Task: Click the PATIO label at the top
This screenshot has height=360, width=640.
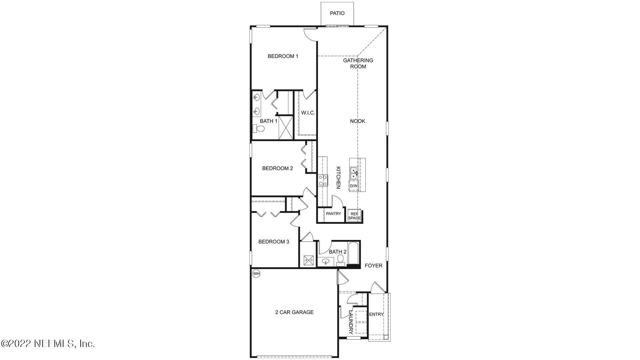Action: coord(337,13)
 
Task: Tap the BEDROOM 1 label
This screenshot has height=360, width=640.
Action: coord(283,56)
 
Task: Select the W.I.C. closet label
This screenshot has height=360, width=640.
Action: coord(308,113)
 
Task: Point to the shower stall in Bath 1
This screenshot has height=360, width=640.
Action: coord(285,127)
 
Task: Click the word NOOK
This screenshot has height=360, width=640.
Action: coord(357,121)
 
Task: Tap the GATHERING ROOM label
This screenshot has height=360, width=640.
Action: coord(358,63)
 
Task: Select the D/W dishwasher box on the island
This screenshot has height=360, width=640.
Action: coord(354,186)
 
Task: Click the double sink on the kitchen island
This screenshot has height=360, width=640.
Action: coord(354,173)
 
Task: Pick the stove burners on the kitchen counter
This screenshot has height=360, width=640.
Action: coord(322,181)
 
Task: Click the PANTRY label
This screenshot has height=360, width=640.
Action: coord(333,214)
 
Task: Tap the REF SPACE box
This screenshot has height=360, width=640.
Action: coord(354,216)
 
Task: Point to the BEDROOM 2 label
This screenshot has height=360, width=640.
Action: coord(277,168)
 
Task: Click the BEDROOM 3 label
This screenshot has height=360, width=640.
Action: coord(274,242)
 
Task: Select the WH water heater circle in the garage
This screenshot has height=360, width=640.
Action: coord(256,274)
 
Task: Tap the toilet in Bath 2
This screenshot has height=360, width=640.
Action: coord(340,260)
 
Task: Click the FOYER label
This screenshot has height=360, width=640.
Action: coord(373,266)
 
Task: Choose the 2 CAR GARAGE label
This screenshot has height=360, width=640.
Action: coord(294,312)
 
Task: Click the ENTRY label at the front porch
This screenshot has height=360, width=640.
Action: coord(376,314)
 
